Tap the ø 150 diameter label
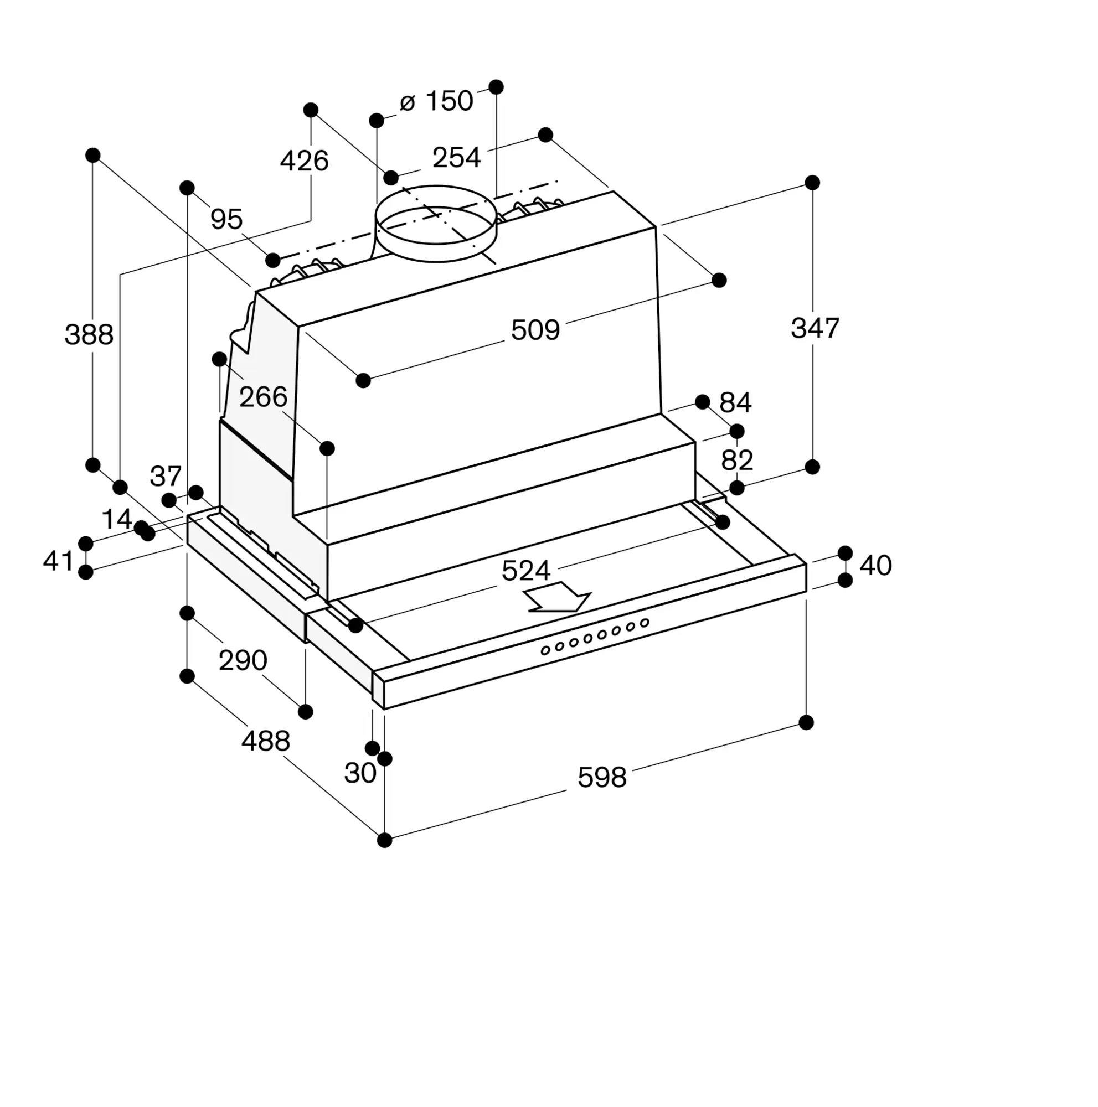point(437,101)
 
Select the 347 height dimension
point(815,328)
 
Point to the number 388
point(89,334)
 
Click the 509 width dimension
point(535,330)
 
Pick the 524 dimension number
point(525,571)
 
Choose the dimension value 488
point(265,742)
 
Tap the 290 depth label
point(243,661)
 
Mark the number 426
point(305,161)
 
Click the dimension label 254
point(456,158)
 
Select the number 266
point(263,396)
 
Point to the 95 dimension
point(226,219)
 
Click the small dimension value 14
point(117,519)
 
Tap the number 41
point(59,561)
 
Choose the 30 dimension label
point(360,773)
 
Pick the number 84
point(735,403)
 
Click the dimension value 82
point(737,460)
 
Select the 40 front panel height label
point(875,566)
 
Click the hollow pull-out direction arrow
point(557,597)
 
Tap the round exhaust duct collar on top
point(436,224)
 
